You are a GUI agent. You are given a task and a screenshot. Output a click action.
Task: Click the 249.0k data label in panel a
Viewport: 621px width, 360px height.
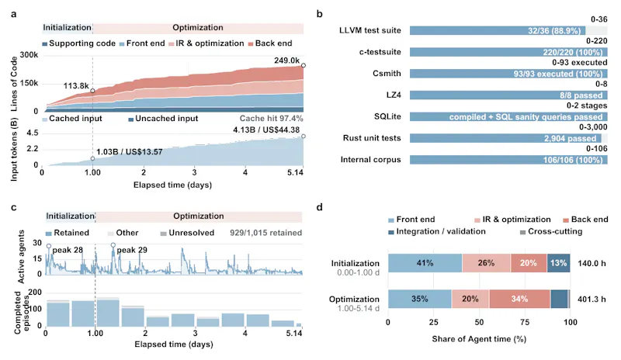(x=286, y=61)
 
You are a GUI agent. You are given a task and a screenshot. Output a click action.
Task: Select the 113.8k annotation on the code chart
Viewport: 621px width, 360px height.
(x=76, y=86)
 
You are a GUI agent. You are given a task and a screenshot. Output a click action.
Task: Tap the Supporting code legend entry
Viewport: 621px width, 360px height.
(x=79, y=43)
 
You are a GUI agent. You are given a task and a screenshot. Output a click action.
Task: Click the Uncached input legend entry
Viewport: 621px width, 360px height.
(x=163, y=119)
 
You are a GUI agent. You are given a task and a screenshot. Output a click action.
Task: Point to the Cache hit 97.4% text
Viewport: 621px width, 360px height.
(x=271, y=119)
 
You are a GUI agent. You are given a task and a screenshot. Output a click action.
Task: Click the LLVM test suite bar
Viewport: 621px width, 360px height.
(x=498, y=30)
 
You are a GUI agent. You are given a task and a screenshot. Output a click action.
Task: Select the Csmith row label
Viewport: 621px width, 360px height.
(x=387, y=73)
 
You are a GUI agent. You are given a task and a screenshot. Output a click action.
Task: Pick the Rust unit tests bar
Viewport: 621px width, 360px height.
(x=505, y=138)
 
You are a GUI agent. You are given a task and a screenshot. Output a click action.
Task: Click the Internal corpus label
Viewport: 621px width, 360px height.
(x=371, y=160)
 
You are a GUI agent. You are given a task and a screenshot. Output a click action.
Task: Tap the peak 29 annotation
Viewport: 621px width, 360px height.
(x=132, y=250)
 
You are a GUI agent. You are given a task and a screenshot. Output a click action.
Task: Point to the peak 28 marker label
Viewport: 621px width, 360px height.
(x=68, y=250)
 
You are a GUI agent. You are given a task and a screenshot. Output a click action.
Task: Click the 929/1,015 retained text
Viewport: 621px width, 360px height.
(x=265, y=233)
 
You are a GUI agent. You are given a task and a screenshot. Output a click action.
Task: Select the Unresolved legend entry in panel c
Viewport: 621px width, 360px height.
(x=187, y=233)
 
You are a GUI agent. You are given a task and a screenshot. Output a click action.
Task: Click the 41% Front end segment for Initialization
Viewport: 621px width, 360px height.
(x=425, y=263)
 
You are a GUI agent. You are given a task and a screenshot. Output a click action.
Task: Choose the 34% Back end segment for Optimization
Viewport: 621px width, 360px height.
(x=519, y=299)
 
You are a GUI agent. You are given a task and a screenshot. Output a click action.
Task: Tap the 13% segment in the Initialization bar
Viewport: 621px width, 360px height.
(x=558, y=263)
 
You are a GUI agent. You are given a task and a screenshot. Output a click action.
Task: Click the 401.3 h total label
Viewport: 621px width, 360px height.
(x=592, y=299)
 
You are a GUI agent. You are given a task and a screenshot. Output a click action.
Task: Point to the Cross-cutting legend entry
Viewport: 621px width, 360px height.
(x=551, y=232)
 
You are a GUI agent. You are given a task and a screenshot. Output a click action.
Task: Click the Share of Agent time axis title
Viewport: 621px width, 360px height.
(x=479, y=339)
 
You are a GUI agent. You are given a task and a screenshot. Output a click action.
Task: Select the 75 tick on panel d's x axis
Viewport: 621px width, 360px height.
(x=525, y=323)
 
